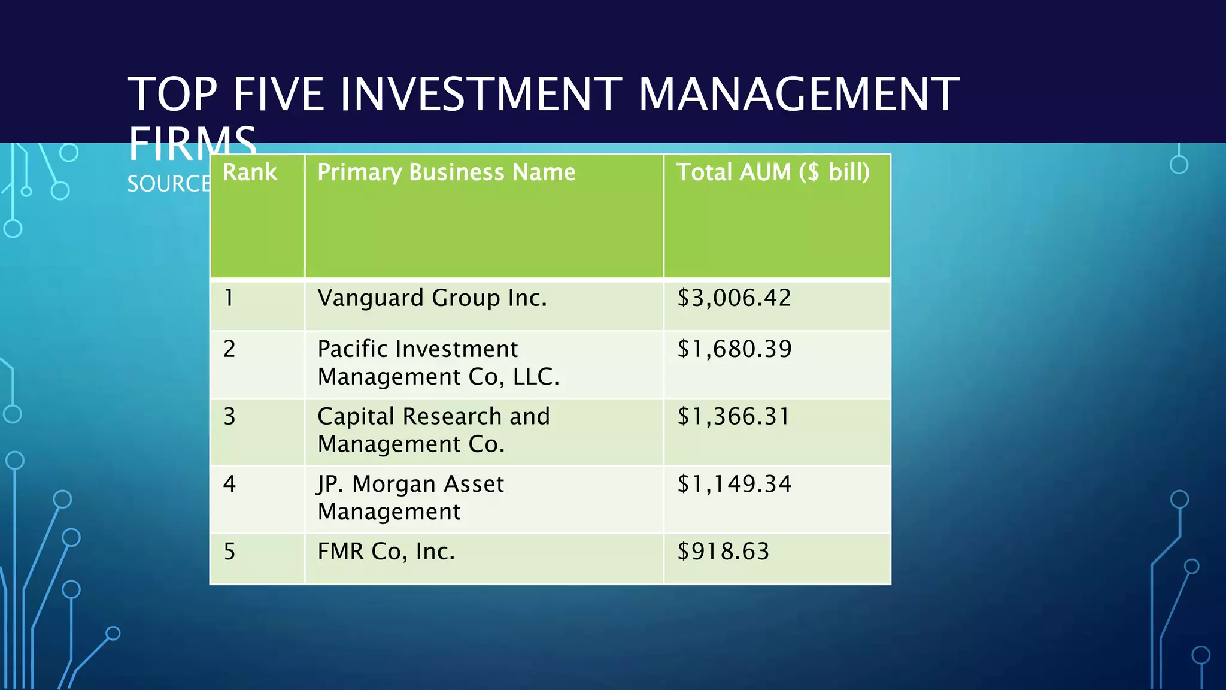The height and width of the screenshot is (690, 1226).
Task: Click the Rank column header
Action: coord(250,172)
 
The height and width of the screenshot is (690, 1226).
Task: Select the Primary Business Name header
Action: coord(446,172)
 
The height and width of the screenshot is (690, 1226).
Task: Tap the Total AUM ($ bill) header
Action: coord(773,172)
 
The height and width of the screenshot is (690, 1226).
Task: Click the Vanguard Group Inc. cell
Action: coord(432,298)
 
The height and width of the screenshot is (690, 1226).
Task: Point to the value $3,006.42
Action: coord(734,298)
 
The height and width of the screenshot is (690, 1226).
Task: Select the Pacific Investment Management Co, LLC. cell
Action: coord(438,363)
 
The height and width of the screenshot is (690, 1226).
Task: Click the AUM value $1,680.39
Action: coord(735,349)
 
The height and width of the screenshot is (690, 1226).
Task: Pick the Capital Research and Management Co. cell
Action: coord(433,430)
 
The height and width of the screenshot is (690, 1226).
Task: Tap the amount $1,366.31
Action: coord(734,417)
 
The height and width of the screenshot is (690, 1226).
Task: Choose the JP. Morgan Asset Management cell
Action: coord(411,498)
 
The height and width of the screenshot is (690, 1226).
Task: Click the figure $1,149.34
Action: coord(735,484)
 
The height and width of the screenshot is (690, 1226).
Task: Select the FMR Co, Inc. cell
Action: coord(386,552)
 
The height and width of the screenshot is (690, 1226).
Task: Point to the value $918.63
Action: coord(723,552)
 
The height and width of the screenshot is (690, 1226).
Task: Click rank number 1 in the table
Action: coord(229,298)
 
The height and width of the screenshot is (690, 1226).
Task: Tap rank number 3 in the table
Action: coord(229,417)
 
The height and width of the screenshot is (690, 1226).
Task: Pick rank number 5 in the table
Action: coord(229,552)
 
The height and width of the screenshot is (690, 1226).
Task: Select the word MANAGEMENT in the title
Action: coord(799,94)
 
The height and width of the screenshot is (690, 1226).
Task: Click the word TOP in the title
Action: coord(172,94)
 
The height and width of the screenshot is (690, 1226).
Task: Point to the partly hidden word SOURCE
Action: coord(168,184)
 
